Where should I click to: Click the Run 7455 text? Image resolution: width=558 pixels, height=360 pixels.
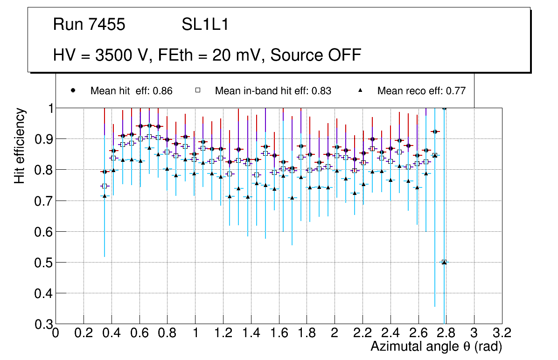point(89,25)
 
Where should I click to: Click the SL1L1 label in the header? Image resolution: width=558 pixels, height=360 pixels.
point(205,25)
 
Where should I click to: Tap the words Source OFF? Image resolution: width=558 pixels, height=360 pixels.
point(316,55)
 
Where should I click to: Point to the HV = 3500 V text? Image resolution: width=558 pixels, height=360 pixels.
point(102,55)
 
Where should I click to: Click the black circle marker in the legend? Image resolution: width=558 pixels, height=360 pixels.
point(73,90)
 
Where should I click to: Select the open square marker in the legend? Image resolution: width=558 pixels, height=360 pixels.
point(197,90)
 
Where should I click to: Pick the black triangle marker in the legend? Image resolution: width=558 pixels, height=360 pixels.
point(360,90)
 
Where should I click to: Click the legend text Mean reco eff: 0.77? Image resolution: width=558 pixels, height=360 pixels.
point(421,91)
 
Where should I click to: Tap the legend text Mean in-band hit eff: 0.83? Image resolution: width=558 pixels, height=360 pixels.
point(273,91)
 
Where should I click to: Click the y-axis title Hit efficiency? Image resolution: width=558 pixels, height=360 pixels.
point(20,145)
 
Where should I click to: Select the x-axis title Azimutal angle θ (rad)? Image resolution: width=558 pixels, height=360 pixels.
point(436,346)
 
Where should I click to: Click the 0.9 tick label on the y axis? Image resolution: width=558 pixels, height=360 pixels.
point(42,139)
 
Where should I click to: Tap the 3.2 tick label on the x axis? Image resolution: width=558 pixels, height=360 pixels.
point(502,333)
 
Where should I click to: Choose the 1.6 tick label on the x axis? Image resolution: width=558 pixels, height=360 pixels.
point(279,333)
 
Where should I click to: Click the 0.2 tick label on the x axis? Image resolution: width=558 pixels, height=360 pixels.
point(84,333)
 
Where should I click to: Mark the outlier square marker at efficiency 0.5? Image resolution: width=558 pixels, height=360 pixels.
point(444,262)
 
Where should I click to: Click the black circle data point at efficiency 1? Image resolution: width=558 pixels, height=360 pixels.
point(444,108)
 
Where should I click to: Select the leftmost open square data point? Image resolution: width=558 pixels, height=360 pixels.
point(105,186)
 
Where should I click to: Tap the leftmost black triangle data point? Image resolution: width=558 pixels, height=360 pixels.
point(105,196)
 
